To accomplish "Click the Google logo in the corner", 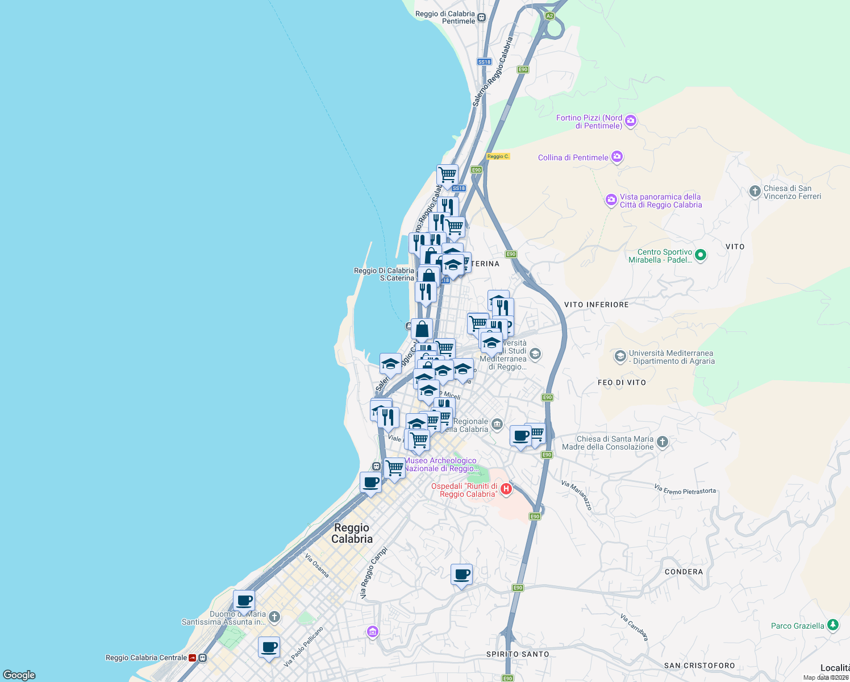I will (x=19, y=675).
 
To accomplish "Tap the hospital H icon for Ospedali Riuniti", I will (x=506, y=489).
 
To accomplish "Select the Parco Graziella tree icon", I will (x=832, y=625).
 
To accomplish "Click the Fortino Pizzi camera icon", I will (x=630, y=120).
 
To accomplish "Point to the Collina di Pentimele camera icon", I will (x=617, y=157).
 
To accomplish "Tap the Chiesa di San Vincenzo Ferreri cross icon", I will (x=755, y=192).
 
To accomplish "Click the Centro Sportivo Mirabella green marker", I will (x=701, y=255).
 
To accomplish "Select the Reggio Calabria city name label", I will (x=352, y=534).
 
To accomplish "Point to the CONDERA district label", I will (x=684, y=572).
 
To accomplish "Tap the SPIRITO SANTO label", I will (x=518, y=654).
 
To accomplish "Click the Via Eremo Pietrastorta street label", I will (x=685, y=489).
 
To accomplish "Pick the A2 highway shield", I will (x=549, y=16).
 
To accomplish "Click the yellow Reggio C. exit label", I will (x=498, y=156).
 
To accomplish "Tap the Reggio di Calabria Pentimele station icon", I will (x=481, y=17).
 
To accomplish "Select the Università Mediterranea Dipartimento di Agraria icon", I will (x=620, y=356).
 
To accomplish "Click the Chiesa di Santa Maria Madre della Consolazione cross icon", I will (x=662, y=442).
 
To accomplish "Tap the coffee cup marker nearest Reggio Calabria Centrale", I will (x=269, y=647).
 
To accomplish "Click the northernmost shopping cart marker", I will (x=447, y=174).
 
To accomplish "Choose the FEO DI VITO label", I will (x=622, y=382).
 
